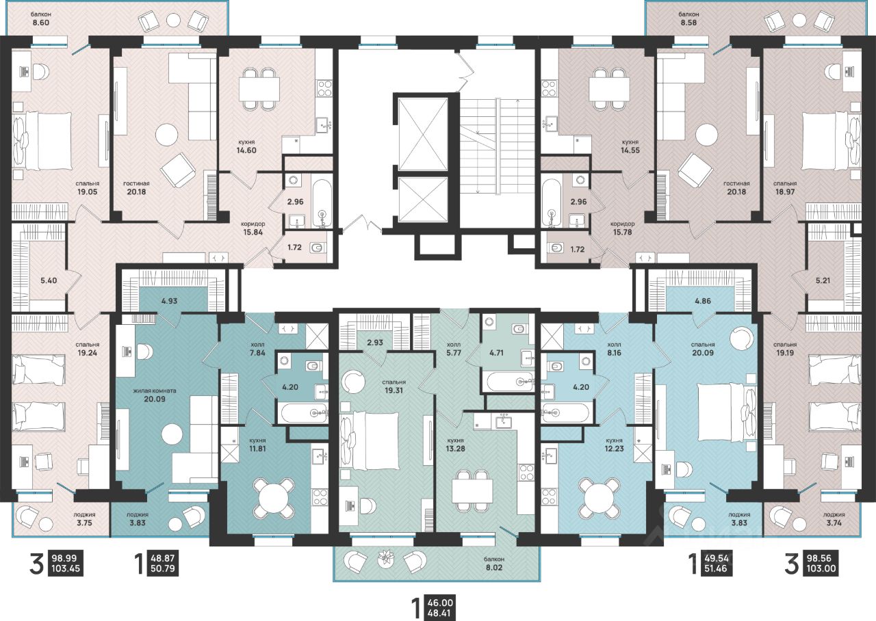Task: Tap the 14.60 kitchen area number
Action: point(246,150)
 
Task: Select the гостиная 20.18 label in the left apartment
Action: point(136,187)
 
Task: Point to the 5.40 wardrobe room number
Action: point(49,280)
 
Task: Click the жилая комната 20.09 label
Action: point(155,395)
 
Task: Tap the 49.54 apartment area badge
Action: point(717,557)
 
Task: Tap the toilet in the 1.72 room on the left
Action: point(316,248)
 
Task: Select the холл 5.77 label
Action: point(455,349)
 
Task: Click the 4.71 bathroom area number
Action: point(496,352)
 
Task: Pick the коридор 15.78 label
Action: point(623,228)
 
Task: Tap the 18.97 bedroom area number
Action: point(785,192)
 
